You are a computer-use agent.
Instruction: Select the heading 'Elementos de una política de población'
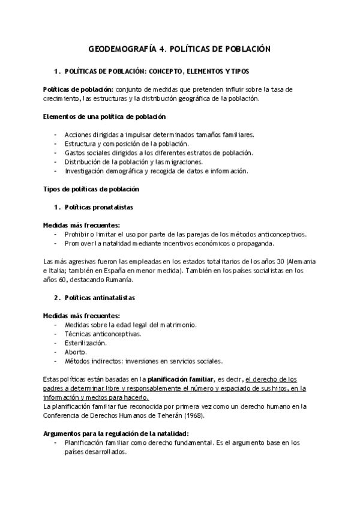click(104, 116)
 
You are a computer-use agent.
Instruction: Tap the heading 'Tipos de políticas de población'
click(92, 189)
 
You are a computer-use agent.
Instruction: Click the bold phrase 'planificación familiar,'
click(181, 379)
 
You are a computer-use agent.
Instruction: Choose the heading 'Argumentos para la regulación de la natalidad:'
click(116, 433)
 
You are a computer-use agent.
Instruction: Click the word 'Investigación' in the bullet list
click(85, 170)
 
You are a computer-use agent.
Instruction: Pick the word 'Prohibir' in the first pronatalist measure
click(76, 234)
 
